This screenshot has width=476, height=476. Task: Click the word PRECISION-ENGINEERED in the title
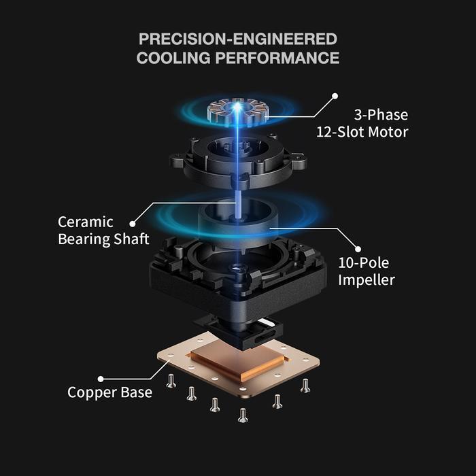(x=238, y=39)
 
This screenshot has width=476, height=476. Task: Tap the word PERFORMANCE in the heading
(x=277, y=58)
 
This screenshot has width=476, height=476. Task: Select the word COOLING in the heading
(x=173, y=58)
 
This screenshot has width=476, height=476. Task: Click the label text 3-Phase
(x=381, y=115)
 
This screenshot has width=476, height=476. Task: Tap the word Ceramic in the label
(x=86, y=222)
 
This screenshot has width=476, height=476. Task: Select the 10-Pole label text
(x=364, y=262)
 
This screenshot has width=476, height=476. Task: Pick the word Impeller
(x=367, y=280)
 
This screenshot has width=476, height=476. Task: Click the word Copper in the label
(x=92, y=392)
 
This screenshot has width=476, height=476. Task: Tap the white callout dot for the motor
(x=335, y=96)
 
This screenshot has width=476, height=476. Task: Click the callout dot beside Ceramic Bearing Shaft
(x=133, y=224)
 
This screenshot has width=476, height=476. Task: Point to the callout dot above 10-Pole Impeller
(x=358, y=249)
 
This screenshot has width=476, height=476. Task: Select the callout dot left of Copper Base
(x=101, y=379)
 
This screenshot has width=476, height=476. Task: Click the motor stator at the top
(x=238, y=113)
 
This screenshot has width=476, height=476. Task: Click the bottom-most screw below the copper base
(x=243, y=415)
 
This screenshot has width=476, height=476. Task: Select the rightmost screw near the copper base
(x=305, y=386)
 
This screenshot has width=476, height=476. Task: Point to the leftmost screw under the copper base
(x=171, y=381)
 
